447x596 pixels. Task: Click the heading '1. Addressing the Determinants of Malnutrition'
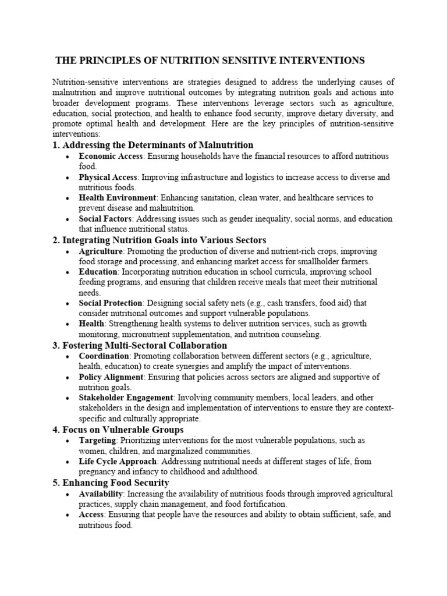tap(152, 145)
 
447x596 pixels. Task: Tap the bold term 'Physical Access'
tap(108, 177)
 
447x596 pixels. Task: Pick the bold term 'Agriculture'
tap(101, 251)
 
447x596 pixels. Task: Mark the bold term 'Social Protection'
tap(111, 303)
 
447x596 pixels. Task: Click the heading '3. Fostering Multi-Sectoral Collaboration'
tap(140, 345)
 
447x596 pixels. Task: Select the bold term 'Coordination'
tap(104, 356)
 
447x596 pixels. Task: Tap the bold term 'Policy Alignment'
tap(111, 377)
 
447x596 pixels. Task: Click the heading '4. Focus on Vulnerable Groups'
tap(118, 430)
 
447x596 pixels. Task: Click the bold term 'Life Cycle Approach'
tap(118, 462)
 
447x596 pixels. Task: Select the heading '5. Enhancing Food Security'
tap(111, 483)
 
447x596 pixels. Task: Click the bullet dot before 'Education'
tap(68, 272)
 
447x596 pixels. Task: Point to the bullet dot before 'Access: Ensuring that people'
tap(68, 515)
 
